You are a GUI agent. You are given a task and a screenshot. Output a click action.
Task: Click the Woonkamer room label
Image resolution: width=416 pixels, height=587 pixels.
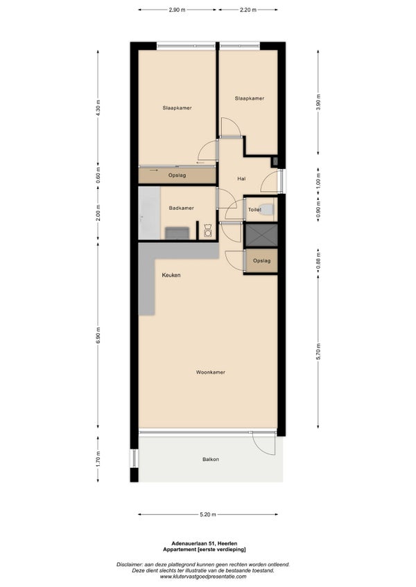pyautogui.click(x=211, y=372)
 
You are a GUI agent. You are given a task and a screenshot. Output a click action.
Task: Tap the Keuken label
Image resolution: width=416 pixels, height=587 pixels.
pyautogui.click(x=171, y=275)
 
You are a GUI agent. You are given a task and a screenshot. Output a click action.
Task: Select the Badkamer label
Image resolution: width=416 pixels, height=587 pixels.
pyautogui.click(x=181, y=208)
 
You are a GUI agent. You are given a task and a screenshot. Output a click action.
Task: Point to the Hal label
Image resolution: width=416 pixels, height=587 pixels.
pyautogui.click(x=241, y=179)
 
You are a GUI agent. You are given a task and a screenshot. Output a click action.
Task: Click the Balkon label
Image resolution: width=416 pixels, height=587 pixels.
pyautogui.click(x=211, y=459)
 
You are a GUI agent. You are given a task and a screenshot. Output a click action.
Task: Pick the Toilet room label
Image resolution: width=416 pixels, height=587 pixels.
pyautogui.click(x=254, y=210)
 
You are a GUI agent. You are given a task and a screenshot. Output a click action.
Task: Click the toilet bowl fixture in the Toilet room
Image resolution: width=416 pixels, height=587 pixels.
pyautogui.click(x=268, y=209)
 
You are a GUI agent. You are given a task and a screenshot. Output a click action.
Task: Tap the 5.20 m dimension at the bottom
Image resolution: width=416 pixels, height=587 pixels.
pyautogui.click(x=208, y=514)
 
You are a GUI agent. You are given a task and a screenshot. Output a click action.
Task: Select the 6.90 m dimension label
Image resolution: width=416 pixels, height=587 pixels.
pyautogui.click(x=98, y=336)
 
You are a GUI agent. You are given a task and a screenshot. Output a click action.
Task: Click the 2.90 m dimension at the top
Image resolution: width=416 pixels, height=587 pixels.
pyautogui.click(x=177, y=10)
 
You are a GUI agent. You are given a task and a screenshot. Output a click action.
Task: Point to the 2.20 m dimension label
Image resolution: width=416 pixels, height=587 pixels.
pyautogui.click(x=248, y=10)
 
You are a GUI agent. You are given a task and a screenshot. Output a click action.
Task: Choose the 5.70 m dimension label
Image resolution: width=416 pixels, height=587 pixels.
pyautogui.click(x=318, y=351)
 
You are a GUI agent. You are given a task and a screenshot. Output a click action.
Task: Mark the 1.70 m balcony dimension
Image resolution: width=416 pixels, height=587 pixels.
pyautogui.click(x=98, y=459)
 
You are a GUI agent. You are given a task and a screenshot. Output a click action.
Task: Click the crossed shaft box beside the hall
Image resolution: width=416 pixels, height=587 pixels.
pyautogui.click(x=261, y=235)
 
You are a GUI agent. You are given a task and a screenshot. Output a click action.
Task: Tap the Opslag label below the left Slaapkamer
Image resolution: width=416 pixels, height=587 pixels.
pyautogui.click(x=177, y=175)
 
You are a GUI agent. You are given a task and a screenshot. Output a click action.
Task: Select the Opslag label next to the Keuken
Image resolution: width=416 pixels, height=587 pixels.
pyautogui.click(x=261, y=260)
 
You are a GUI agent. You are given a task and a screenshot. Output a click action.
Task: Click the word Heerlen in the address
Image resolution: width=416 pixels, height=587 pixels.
pyautogui.click(x=228, y=543)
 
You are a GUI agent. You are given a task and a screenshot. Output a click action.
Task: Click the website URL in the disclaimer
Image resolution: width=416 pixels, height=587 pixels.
pyautogui.click(x=203, y=577)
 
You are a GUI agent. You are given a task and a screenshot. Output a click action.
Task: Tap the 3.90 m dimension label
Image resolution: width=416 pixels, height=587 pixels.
pyautogui.click(x=318, y=102)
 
